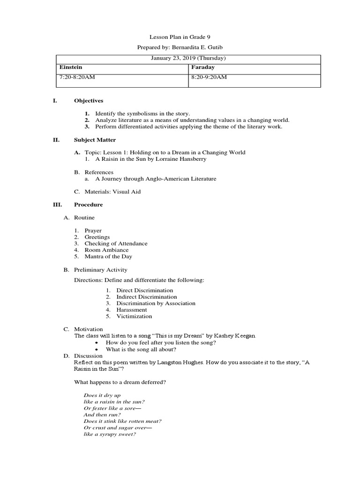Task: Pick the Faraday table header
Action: [x=203, y=67]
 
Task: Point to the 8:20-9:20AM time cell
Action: [x=209, y=77]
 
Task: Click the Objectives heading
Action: [x=89, y=101]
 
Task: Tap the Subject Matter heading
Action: [x=95, y=140]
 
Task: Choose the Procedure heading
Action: [x=89, y=204]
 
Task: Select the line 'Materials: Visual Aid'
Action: [x=112, y=191]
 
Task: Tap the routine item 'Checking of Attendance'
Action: [x=116, y=243]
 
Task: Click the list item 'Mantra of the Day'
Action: [x=108, y=256]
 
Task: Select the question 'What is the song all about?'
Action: [x=141, y=349]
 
